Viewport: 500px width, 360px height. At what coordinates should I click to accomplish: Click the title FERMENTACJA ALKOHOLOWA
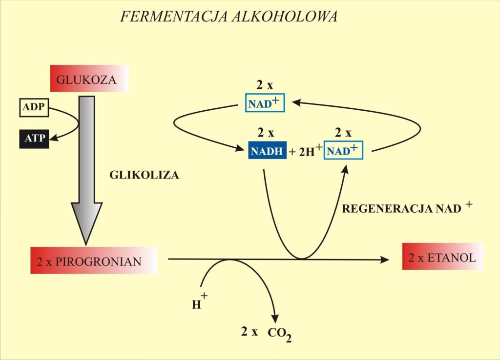[229, 17]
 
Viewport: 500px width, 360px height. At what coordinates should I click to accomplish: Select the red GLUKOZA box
[89, 79]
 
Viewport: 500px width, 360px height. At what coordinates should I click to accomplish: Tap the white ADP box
[33, 108]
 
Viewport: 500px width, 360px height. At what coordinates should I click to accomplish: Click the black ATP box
[34, 139]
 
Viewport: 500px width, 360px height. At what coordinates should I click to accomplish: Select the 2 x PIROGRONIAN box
[93, 260]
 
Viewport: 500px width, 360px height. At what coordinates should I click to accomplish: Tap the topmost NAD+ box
[264, 103]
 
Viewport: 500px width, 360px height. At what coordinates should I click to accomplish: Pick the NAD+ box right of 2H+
[344, 151]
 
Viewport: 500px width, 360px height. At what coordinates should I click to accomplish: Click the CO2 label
[280, 334]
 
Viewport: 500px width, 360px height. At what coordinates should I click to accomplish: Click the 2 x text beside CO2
[249, 332]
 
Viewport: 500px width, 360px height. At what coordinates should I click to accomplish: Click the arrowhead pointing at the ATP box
[54, 139]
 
